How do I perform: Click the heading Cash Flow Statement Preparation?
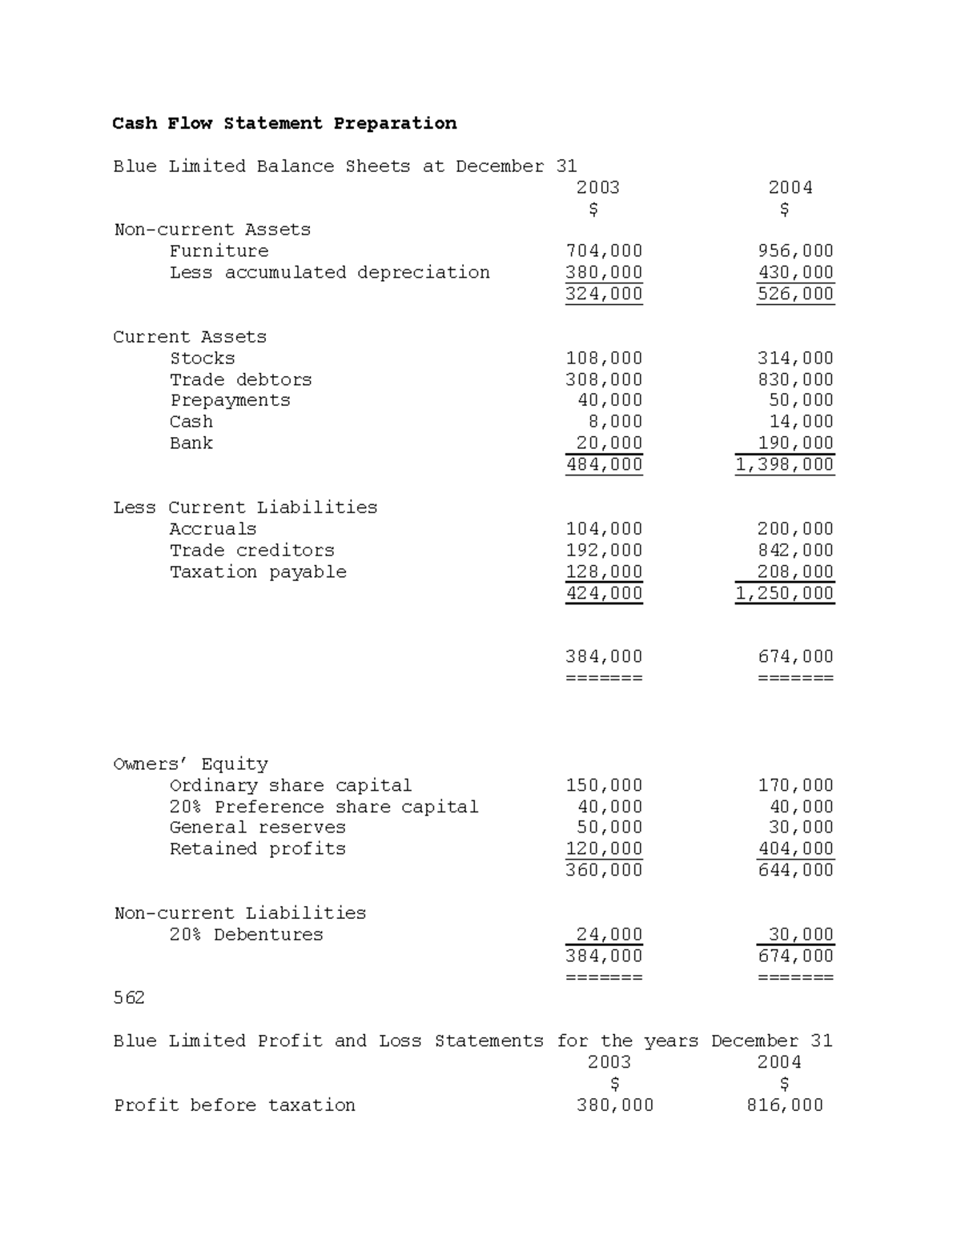284,123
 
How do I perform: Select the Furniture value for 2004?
795,251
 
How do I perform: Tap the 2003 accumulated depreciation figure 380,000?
604,272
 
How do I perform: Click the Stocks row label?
202,358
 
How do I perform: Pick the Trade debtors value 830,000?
795,379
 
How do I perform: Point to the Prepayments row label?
230,400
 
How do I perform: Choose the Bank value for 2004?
795,443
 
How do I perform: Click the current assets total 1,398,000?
785,464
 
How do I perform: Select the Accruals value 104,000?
604,528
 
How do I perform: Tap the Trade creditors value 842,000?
795,550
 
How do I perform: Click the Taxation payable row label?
258,571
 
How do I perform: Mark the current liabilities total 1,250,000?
785,593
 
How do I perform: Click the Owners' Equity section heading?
191,764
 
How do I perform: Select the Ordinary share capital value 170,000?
795,785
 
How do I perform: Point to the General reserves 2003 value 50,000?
609,828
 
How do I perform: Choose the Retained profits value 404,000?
795,848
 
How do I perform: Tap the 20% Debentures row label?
246,934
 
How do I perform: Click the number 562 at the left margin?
129,997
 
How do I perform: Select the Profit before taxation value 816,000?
784,1105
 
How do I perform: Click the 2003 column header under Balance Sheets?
597,187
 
